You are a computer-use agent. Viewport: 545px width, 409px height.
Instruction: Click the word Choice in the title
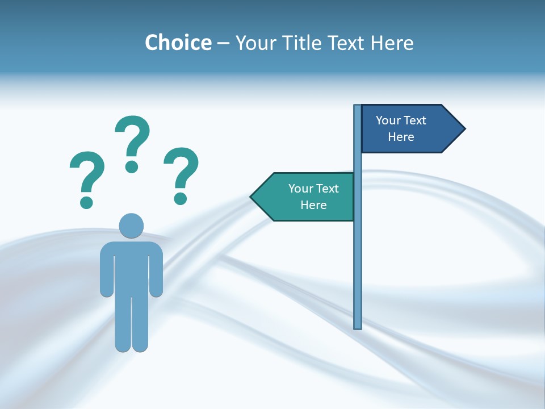[x=178, y=43]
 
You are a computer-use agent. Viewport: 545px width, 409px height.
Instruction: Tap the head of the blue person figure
[x=131, y=226]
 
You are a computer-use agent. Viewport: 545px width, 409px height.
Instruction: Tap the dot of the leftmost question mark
[x=86, y=202]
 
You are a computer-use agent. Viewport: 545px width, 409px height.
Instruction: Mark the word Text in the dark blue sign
[x=415, y=120]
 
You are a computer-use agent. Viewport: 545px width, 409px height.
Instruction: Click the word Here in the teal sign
[x=313, y=205]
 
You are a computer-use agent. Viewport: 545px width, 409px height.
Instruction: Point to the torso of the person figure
[x=131, y=267]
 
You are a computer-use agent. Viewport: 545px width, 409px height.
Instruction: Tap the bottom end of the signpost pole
[x=358, y=326]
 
